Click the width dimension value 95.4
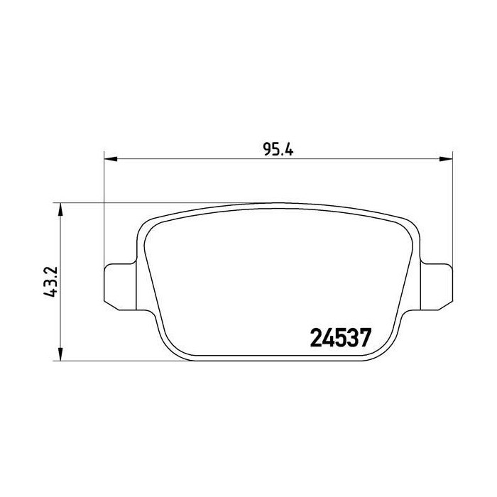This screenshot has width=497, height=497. (278, 150)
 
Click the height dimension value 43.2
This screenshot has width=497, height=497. (50, 281)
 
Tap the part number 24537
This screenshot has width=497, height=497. (340, 338)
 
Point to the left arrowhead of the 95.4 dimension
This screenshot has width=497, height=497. (111, 159)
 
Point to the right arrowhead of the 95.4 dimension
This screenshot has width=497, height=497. (446, 159)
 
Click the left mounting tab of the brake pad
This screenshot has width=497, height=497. (121, 287)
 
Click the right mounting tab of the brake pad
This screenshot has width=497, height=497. (437, 287)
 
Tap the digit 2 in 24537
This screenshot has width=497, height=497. (316, 338)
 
